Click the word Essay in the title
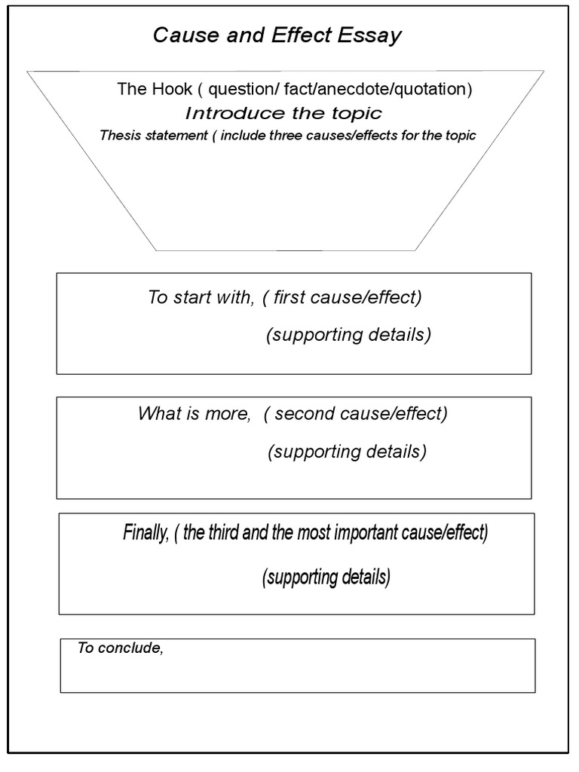click(x=373, y=35)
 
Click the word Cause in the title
click(x=179, y=35)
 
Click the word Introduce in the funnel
click(x=228, y=114)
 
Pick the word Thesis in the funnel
click(x=118, y=136)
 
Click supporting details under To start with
click(x=348, y=335)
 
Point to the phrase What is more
click(x=194, y=414)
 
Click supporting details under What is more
click(x=347, y=452)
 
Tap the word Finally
click(x=144, y=534)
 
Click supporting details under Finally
click(x=326, y=578)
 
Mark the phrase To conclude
click(x=121, y=648)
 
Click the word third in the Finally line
click(x=228, y=534)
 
